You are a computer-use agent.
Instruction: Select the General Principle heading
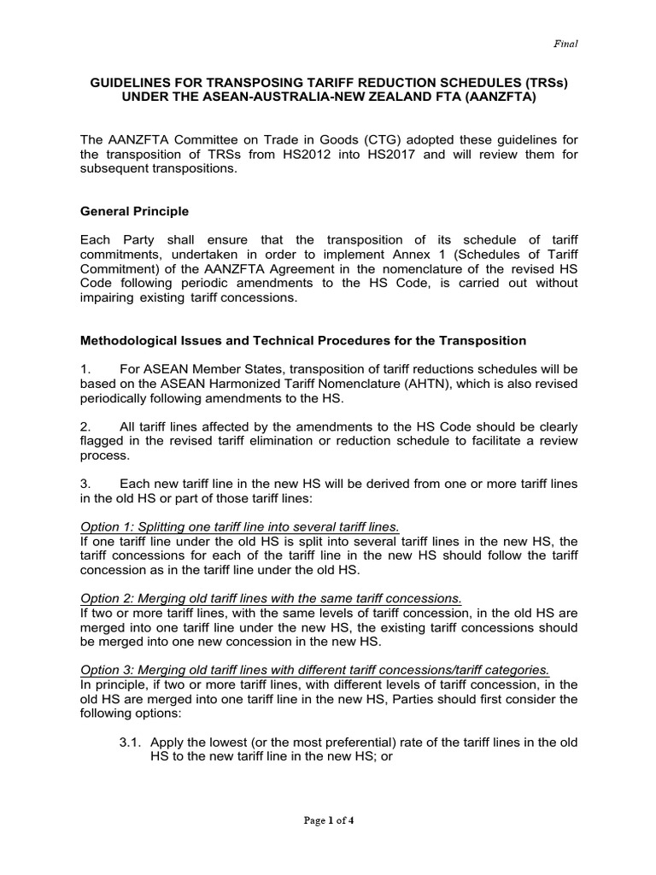point(135,210)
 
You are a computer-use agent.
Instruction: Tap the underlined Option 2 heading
point(271,599)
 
